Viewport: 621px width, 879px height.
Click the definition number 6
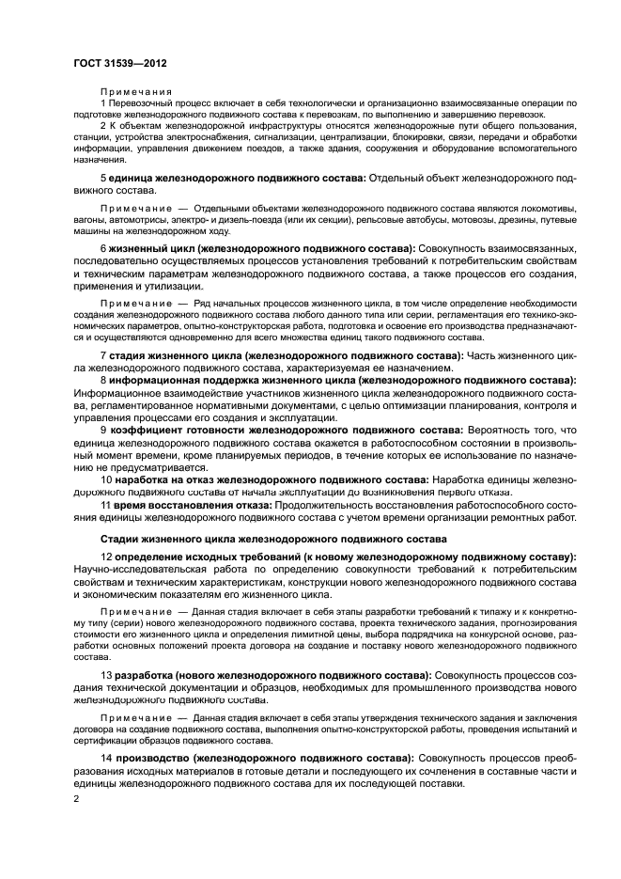coord(103,247)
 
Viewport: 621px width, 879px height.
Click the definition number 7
coord(103,356)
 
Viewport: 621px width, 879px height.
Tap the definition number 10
coord(106,479)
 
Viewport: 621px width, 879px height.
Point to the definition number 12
coord(106,557)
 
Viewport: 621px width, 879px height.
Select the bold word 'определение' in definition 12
coord(153,557)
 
